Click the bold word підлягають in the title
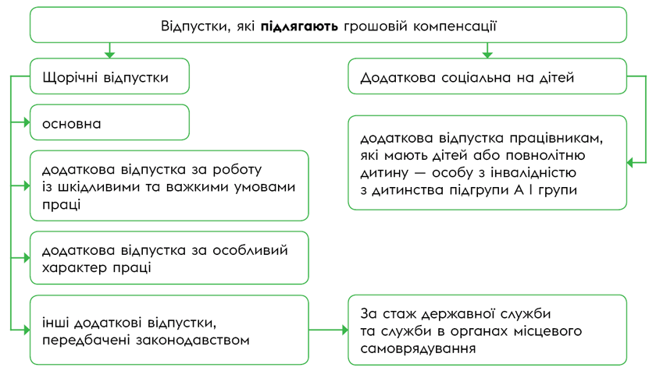coord(299,26)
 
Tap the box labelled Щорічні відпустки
coord(109,77)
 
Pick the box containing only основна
coord(109,122)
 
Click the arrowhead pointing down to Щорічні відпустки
coord(109,54)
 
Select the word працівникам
coord(563,138)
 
